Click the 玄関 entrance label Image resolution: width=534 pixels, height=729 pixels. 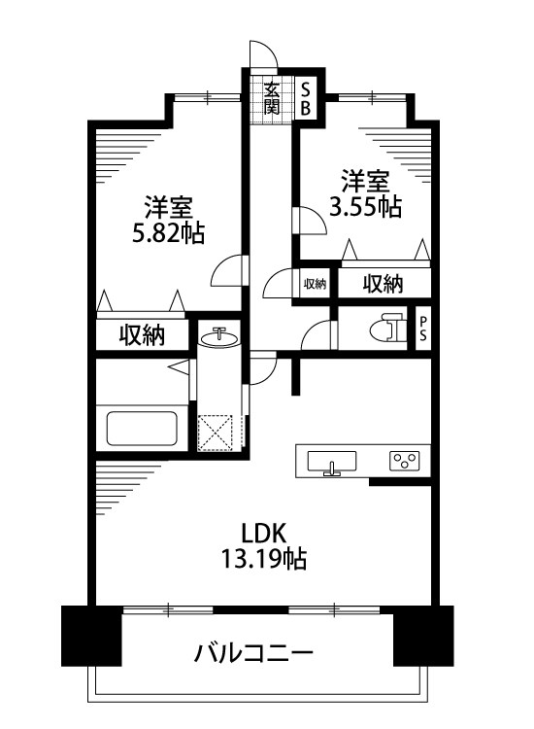271,94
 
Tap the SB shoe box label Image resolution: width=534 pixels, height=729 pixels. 304,95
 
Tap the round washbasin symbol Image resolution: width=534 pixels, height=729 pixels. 220,338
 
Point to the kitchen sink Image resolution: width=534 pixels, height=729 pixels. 333,461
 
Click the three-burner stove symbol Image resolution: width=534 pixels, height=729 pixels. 404,461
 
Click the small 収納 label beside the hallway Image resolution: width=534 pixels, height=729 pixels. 315,284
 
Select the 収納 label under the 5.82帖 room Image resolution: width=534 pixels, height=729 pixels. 142,335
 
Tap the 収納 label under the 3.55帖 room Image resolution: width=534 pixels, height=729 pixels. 383,284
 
